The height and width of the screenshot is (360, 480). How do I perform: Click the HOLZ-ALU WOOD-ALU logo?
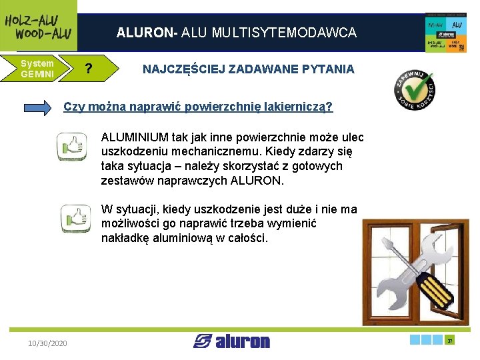pos(38,26)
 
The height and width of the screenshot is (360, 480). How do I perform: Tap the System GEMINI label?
pos(37,69)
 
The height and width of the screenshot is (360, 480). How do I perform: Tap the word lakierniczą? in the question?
pos(299,107)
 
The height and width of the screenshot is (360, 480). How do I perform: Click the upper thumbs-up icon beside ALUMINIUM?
pos(71,145)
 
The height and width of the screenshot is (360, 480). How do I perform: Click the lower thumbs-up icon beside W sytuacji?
pos(74,218)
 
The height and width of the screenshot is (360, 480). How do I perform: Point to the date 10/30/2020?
pos(47,343)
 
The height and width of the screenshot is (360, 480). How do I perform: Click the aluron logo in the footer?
pos(232,341)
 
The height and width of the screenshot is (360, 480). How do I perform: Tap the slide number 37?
pos(451,341)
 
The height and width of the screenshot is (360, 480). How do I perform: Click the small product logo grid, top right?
pos(445,31)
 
